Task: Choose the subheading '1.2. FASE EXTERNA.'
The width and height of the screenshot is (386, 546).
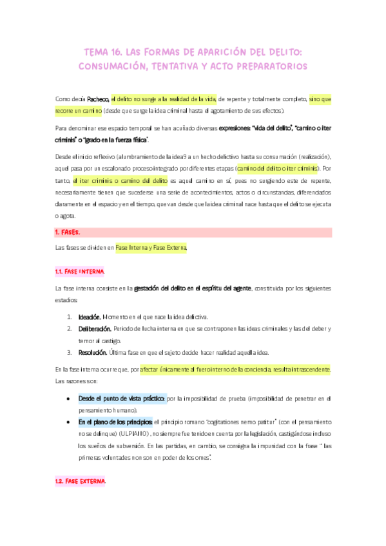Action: pyautogui.click(x=81, y=481)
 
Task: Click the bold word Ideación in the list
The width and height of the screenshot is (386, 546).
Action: pyautogui.click(x=89, y=317)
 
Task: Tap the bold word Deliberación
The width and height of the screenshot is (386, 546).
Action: pyautogui.click(x=94, y=329)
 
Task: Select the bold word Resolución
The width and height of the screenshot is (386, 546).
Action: pyautogui.click(x=93, y=352)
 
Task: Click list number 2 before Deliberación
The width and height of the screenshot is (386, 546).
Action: pyautogui.click(x=70, y=329)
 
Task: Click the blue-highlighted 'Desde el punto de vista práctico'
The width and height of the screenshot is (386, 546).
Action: pyautogui.click(x=122, y=399)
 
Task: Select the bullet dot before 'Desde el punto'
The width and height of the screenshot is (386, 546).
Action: pyautogui.click(x=68, y=399)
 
